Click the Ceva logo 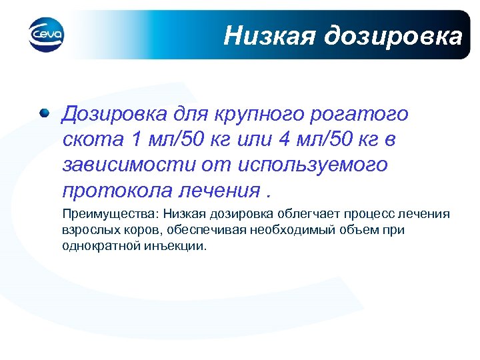point(46,33)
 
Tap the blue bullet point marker point(44,113)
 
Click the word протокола point(117,190)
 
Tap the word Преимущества point(99,215)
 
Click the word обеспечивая point(196,230)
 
